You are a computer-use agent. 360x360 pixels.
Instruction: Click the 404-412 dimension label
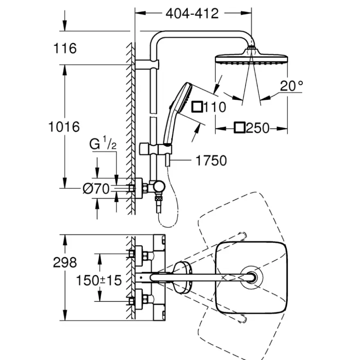[x=192, y=14]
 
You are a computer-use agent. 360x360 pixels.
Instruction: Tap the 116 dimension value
[x=65, y=48]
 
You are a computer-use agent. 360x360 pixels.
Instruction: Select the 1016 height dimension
[x=64, y=127]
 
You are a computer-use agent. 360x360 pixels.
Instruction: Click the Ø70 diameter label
[x=96, y=189]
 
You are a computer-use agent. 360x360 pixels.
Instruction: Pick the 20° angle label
[x=291, y=86]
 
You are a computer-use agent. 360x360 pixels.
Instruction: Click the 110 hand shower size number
[x=215, y=107]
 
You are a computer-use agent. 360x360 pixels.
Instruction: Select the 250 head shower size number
[x=258, y=128]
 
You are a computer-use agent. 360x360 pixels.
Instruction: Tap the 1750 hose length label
[x=211, y=160]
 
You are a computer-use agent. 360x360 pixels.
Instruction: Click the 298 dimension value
[x=65, y=262]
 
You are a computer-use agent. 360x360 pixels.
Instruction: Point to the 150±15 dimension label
[x=99, y=280]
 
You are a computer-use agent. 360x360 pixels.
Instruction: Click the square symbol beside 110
[x=197, y=107]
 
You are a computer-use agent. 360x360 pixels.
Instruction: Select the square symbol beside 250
[x=239, y=128]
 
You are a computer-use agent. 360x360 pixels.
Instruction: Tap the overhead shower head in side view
[x=252, y=57]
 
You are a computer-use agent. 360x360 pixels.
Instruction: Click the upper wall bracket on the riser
[x=147, y=65]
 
